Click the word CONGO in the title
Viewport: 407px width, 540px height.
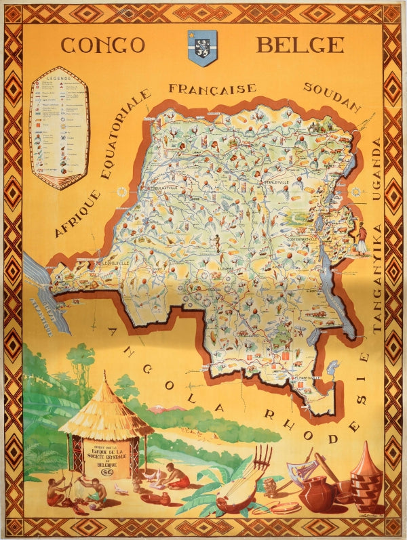pyautogui.click(x=102, y=45)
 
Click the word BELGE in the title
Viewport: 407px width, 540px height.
pyautogui.click(x=299, y=45)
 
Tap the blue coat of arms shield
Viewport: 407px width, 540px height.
pyautogui.click(x=201, y=48)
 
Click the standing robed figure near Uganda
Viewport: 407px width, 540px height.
pyautogui.click(x=362, y=238)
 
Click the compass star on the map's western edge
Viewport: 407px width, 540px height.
pyautogui.click(x=122, y=192)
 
